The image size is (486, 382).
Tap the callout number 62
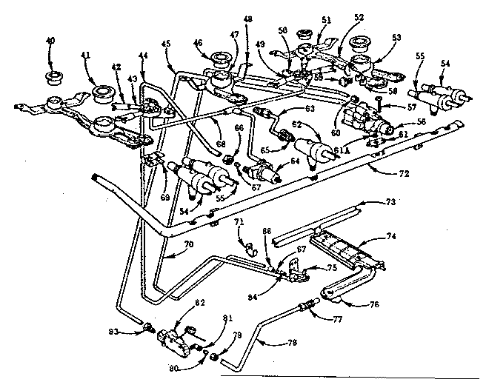(297, 126)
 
